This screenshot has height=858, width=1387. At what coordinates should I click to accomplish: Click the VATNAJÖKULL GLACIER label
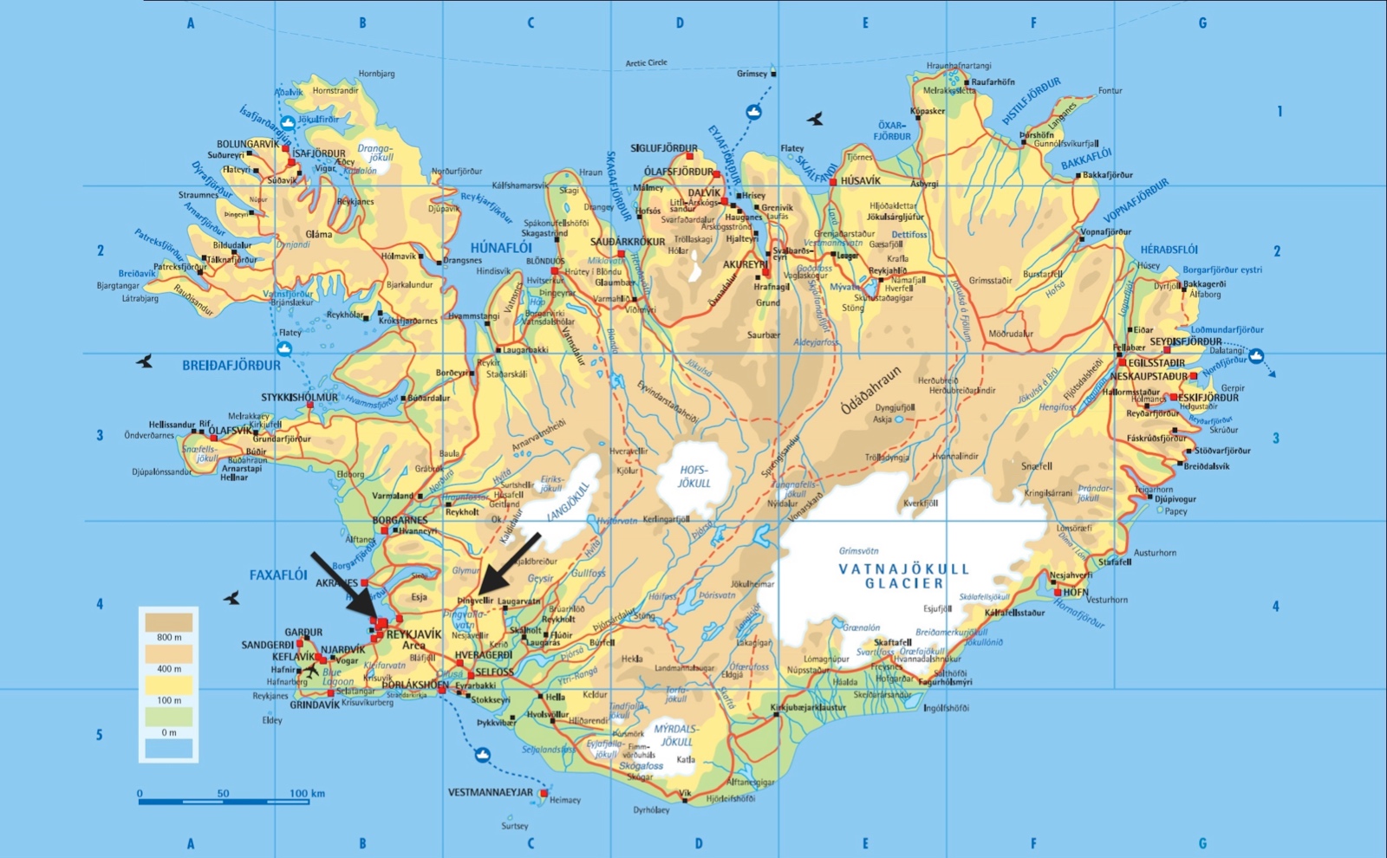tap(904, 576)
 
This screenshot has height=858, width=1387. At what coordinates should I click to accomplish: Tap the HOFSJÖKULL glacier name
tap(693, 477)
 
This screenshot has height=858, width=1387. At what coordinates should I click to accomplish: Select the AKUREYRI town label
tap(745, 264)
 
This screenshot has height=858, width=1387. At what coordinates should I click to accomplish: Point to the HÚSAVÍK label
tap(860, 181)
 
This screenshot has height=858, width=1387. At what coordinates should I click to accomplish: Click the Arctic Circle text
tap(647, 62)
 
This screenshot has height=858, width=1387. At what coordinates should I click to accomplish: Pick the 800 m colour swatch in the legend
tap(169, 622)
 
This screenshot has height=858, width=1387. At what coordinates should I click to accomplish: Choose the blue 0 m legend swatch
tap(169, 748)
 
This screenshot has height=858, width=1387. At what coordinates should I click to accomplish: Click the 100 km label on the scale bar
tap(307, 793)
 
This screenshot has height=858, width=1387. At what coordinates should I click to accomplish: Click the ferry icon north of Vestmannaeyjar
tap(483, 755)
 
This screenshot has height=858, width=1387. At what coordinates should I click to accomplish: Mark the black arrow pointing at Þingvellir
tap(510, 562)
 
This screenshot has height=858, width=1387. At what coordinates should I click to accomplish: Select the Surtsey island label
tap(514, 826)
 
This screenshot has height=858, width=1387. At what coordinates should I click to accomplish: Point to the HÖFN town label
tap(1076, 592)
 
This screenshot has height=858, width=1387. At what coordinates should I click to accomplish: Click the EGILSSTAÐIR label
tap(1156, 363)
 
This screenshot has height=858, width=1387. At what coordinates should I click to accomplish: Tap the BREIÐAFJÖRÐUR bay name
tap(231, 366)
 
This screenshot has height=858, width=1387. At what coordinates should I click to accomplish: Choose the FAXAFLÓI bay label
tap(278, 575)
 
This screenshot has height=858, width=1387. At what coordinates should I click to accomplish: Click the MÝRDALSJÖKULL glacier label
tap(676, 736)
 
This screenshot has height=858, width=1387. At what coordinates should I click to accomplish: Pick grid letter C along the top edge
tap(531, 23)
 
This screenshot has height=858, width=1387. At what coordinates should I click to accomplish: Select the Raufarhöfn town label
tap(993, 81)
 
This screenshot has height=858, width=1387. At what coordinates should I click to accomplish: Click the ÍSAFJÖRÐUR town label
tap(318, 153)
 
